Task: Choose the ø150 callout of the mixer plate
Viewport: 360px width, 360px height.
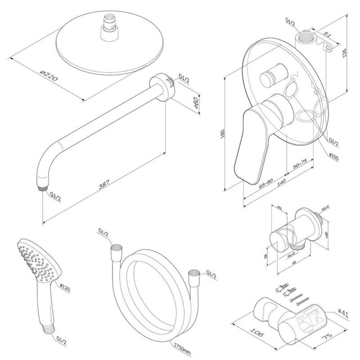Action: tap(333, 156)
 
